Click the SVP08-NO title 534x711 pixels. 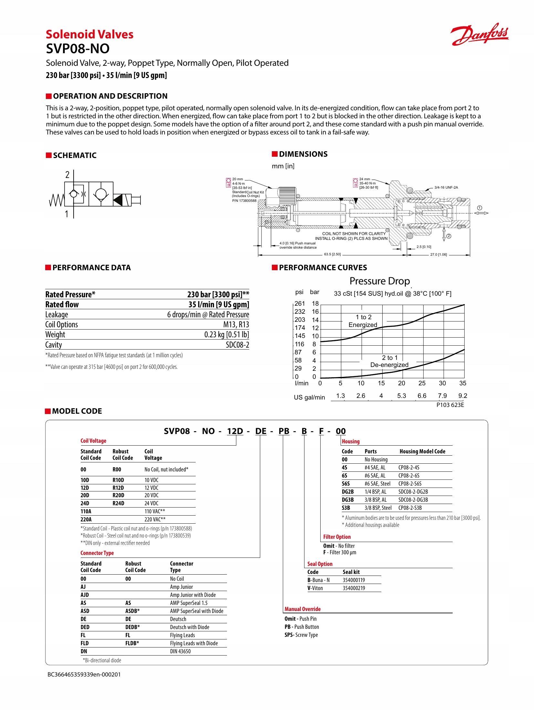pos(77,49)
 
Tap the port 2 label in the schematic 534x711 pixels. pos(67,175)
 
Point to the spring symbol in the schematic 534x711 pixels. pos(56,200)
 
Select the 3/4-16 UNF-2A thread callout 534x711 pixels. pos(446,187)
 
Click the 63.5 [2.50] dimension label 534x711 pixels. pos(332,254)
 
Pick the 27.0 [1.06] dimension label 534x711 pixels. pos(438,254)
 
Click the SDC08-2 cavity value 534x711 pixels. pos(237,345)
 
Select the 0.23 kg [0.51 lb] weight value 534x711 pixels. pos(226,334)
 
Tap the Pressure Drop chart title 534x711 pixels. pos(379,281)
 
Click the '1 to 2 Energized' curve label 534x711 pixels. pos(363,321)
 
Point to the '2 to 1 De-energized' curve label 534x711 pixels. pos(389,361)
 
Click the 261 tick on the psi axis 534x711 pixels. pos(300,303)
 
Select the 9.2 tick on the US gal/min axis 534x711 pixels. pos(463,396)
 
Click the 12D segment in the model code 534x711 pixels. pos(235,431)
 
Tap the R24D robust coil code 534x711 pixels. pos(118,503)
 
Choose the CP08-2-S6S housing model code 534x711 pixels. pos(410,484)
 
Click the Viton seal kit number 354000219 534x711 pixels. pos(354,588)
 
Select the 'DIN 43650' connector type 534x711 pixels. pos(180,651)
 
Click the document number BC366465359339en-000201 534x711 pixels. pos(84,674)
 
